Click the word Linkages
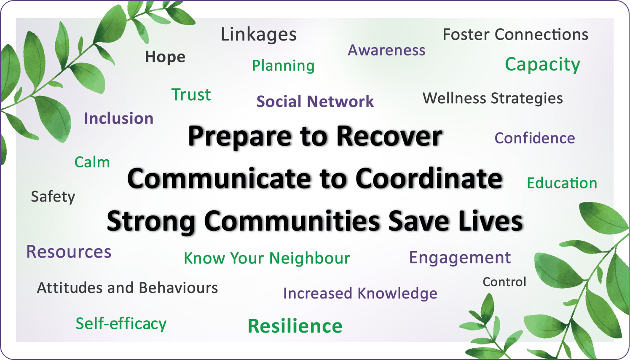click(258, 35)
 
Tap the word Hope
click(165, 57)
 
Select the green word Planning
click(283, 66)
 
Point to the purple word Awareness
click(386, 50)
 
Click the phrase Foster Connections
click(515, 35)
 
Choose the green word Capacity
click(542, 64)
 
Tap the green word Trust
click(191, 95)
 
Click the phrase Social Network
click(315, 102)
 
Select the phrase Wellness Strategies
click(492, 98)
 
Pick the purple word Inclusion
click(118, 118)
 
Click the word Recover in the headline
click(389, 137)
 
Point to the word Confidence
click(534, 138)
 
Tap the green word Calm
click(92, 162)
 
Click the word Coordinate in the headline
click(429, 179)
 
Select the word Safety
click(53, 196)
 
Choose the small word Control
click(504, 282)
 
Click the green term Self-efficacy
click(121, 324)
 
